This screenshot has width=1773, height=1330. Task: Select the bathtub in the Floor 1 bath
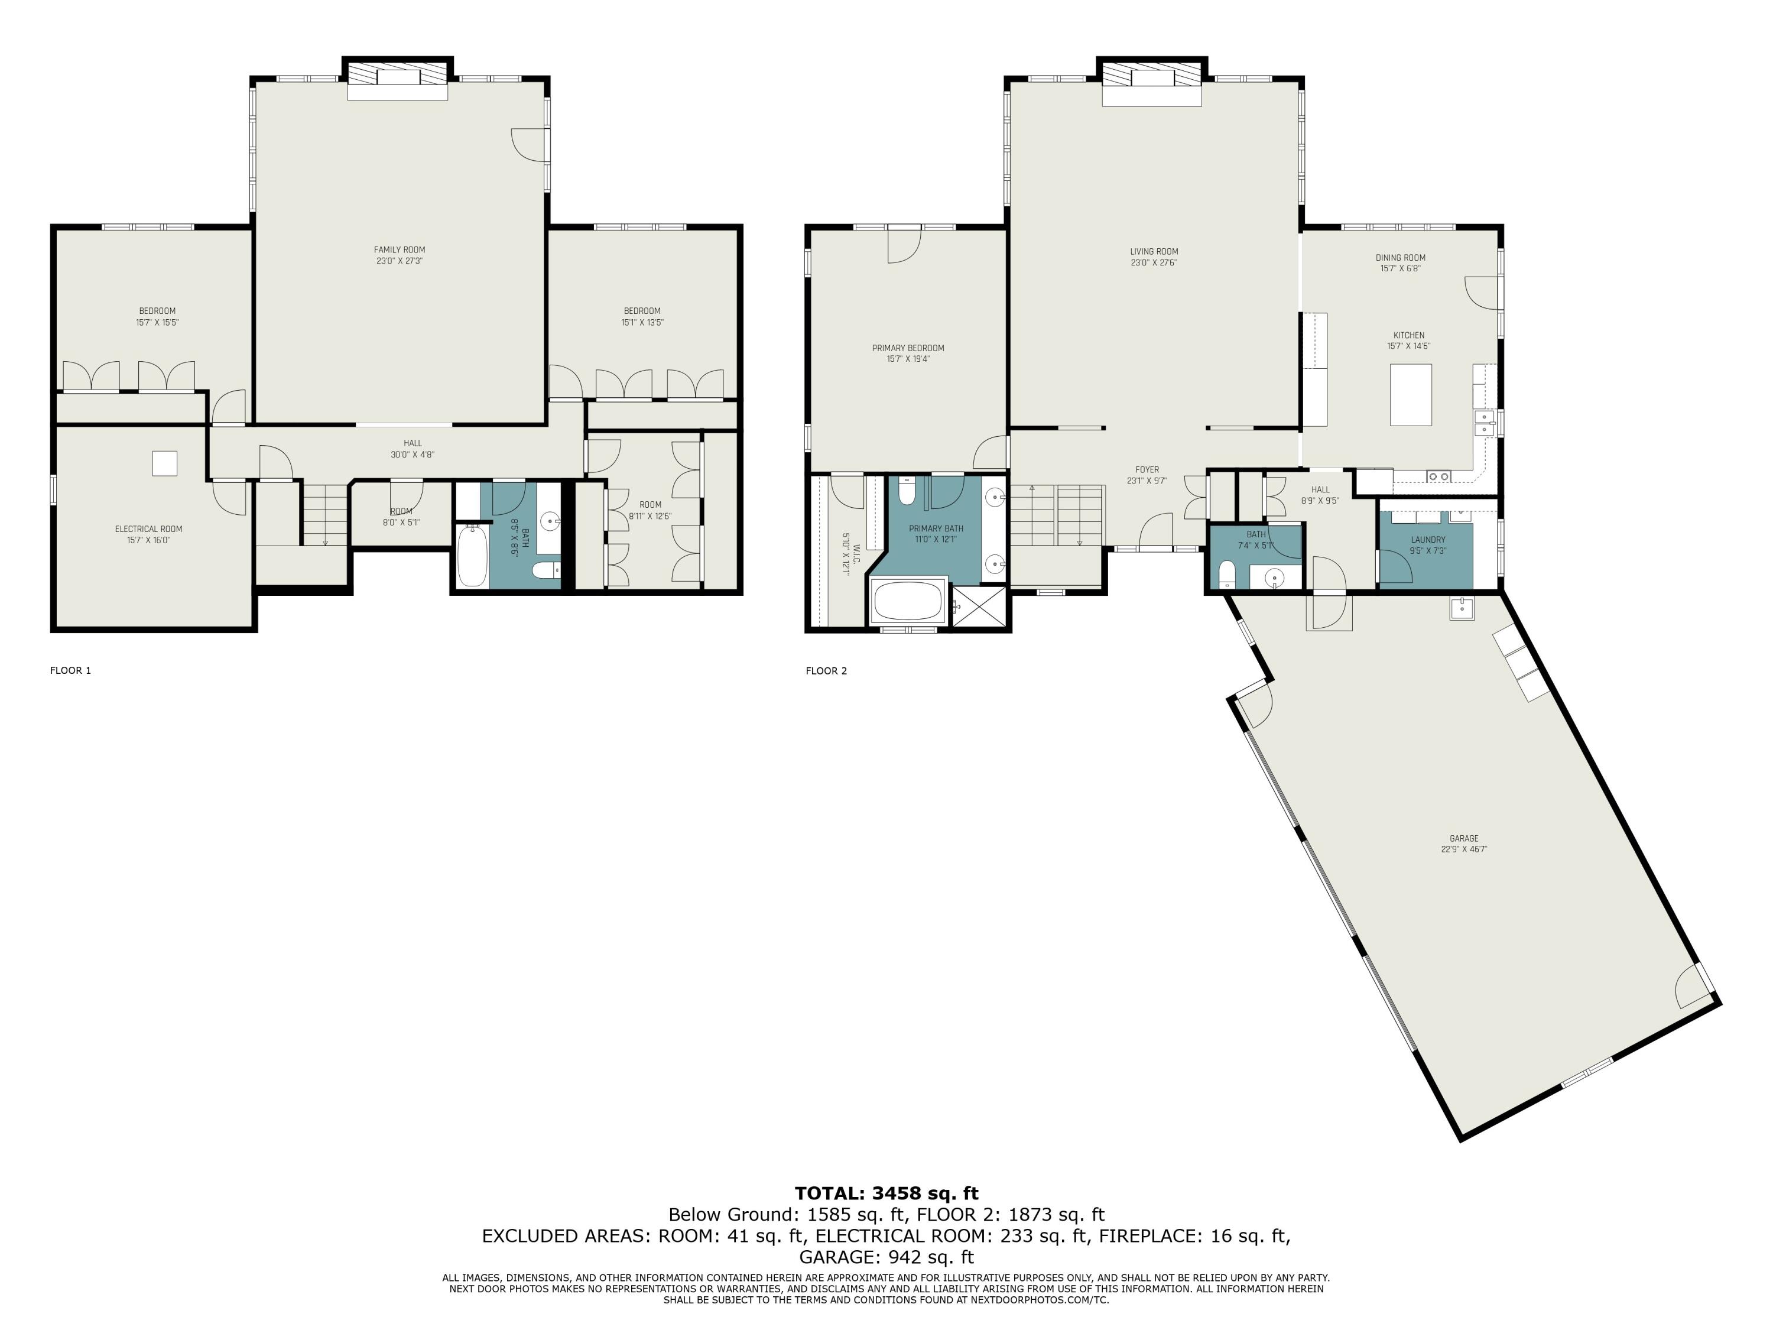pos(472,555)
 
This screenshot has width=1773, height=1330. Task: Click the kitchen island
pos(1411,394)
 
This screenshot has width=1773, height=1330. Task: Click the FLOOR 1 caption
pos(70,670)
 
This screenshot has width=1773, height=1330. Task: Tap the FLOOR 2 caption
pos(826,671)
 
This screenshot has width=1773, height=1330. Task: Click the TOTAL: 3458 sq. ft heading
pos(886,1193)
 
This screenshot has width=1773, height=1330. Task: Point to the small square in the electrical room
pos(164,463)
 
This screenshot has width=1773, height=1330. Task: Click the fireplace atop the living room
pos(1152,81)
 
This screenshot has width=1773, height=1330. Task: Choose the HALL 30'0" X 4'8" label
pos(412,449)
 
